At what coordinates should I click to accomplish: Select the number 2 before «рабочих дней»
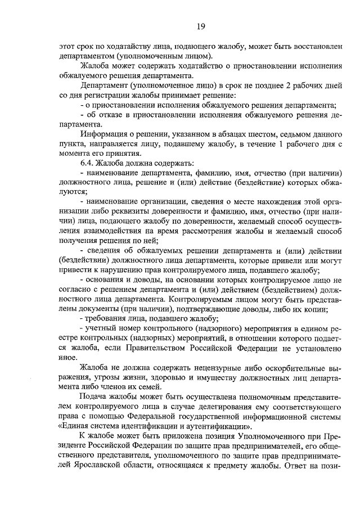click(x=289, y=87)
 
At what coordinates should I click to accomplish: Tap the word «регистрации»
click(x=106, y=96)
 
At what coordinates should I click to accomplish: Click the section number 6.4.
click(x=87, y=162)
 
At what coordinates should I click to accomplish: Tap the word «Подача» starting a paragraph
click(x=93, y=397)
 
